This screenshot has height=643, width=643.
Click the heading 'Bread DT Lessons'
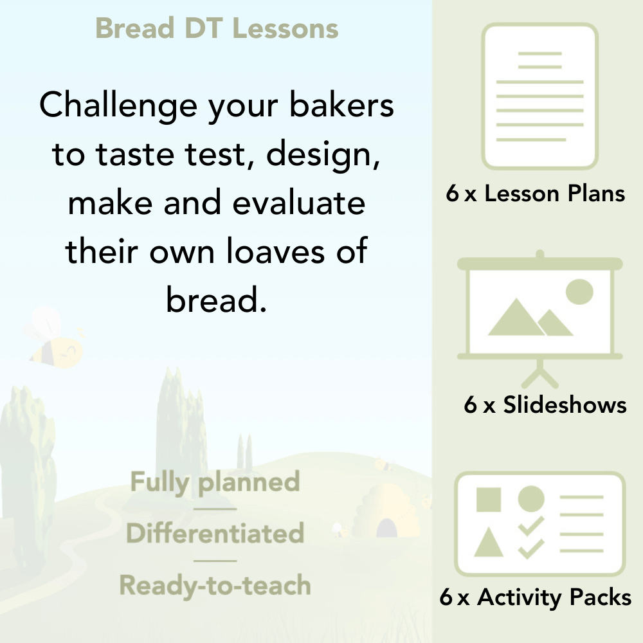[x=217, y=29]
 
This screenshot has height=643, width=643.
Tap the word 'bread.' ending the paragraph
[x=216, y=299]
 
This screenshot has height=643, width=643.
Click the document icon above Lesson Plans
[x=540, y=96]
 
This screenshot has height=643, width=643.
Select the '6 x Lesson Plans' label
[x=536, y=194]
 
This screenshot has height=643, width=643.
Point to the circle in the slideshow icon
[x=579, y=291]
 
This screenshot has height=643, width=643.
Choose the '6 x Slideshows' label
[x=545, y=404]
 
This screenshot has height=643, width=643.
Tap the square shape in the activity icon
[x=489, y=500]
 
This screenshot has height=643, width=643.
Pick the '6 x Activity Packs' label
[x=536, y=598]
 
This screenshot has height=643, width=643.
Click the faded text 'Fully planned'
[x=215, y=482]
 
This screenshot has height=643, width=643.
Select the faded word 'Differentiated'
[x=215, y=534]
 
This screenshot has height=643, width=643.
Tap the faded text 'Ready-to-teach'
[x=215, y=586]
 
